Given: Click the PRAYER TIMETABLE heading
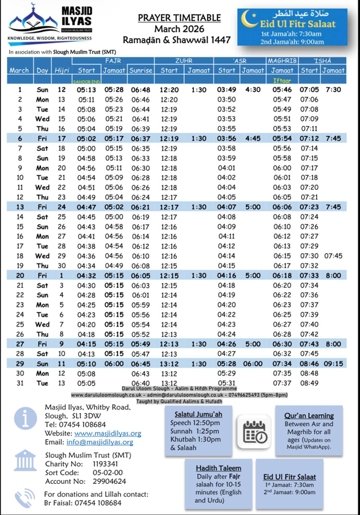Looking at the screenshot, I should point(179,18).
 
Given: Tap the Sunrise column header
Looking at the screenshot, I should point(141,70).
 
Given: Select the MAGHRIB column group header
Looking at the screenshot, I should point(282,61).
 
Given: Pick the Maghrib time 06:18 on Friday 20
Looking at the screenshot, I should point(282,276).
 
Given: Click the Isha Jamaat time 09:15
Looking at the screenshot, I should point(333,364).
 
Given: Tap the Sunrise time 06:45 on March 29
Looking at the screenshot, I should point(141,364).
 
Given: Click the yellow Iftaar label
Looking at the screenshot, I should point(282,81).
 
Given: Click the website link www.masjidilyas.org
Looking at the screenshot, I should point(108,433).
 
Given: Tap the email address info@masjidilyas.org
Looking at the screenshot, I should point(100,442).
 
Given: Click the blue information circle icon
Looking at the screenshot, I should point(23,419).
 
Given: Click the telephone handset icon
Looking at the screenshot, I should point(24,498).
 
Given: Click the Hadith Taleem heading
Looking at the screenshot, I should point(218,468).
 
